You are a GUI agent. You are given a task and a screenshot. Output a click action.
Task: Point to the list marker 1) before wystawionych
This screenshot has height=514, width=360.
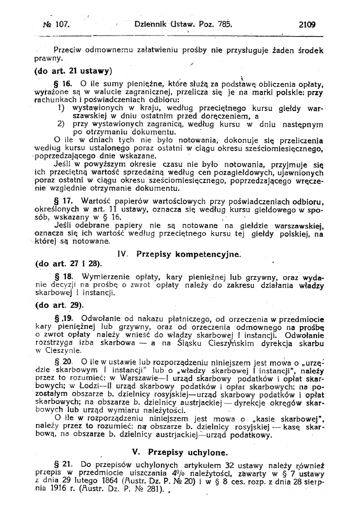(x=62, y=108)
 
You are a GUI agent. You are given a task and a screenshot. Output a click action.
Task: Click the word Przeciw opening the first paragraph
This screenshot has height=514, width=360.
(x=69, y=51)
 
